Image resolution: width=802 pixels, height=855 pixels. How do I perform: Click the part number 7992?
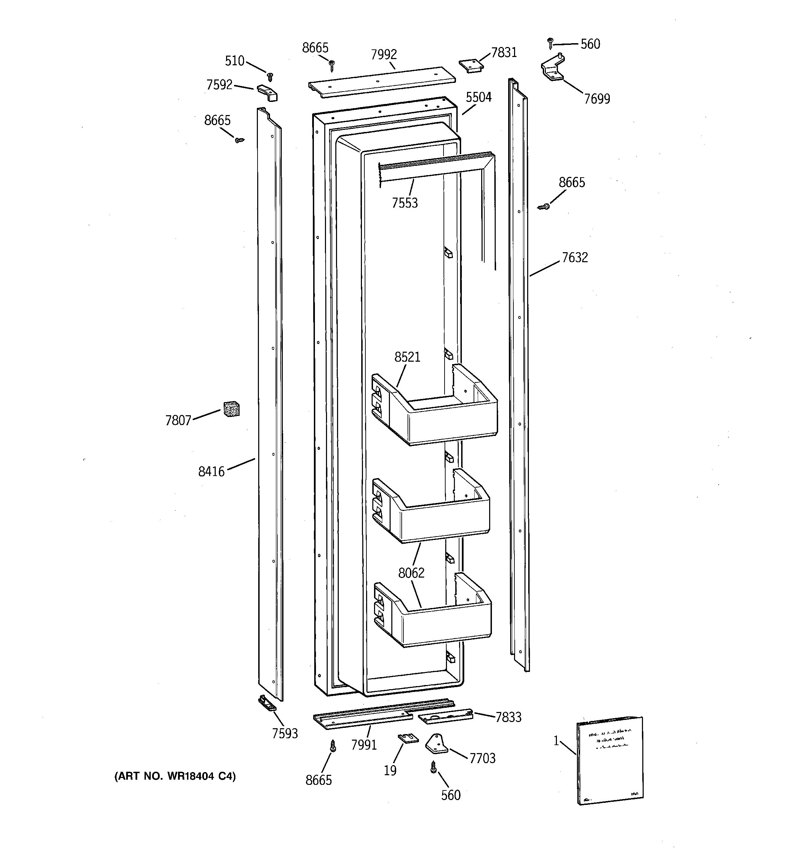(384, 55)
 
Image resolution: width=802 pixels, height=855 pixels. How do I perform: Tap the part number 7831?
(504, 53)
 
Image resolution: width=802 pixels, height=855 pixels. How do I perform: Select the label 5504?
(478, 97)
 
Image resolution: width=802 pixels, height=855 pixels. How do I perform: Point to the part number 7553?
(405, 202)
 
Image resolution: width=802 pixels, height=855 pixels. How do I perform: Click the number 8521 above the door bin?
(407, 357)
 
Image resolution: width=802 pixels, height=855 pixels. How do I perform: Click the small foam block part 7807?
(231, 409)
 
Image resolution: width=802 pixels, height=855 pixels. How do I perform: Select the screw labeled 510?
(270, 77)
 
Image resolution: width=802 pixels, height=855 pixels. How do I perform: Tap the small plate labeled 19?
(408, 738)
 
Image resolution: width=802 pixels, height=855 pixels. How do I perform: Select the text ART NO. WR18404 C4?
(175, 776)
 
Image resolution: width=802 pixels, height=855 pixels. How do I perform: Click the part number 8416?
(211, 472)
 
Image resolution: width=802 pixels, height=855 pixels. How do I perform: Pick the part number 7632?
(574, 258)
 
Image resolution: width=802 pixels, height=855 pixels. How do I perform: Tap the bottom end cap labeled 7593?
(267, 704)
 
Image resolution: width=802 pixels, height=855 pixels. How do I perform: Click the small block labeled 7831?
(470, 65)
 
